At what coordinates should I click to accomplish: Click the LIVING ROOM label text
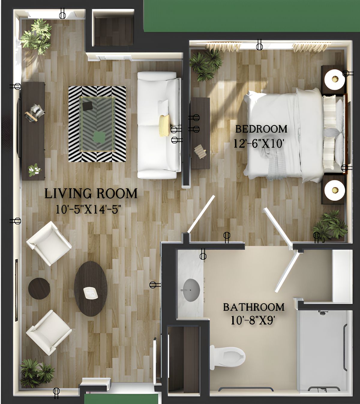coord(91,194)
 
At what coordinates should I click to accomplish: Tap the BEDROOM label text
coord(261,129)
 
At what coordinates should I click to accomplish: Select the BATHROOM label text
coord(253,307)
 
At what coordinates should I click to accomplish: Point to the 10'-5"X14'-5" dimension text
coord(88,210)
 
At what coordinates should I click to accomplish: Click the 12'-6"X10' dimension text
coord(258,143)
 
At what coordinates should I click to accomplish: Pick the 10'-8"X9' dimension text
coord(253,321)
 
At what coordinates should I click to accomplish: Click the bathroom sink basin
coord(191,290)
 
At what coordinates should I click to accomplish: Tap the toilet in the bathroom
coord(227,357)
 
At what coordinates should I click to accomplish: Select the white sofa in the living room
coord(159,125)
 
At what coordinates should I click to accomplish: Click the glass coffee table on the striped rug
coord(97,124)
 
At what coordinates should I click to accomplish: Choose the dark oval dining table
coord(91,289)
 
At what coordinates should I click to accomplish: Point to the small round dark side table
coord(39,288)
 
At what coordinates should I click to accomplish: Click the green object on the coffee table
coord(99,137)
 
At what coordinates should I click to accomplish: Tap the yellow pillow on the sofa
coord(164,126)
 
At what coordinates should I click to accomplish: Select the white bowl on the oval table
coord(91,293)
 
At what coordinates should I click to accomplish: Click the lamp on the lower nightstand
coord(334,190)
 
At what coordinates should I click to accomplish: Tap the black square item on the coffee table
coord(88,106)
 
